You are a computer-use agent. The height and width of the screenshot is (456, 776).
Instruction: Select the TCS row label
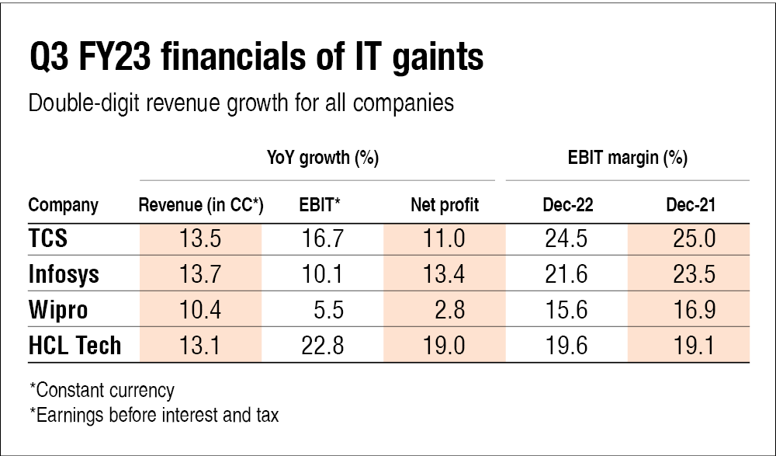[48, 238]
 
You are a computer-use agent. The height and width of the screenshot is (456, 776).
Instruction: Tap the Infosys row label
[65, 274]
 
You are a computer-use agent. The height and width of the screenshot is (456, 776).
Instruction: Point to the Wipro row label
[58, 310]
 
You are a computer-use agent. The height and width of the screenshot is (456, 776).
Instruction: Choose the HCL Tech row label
[75, 345]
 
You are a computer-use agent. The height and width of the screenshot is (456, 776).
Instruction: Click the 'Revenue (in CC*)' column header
[201, 205]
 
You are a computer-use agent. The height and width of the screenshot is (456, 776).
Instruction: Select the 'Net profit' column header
[445, 205]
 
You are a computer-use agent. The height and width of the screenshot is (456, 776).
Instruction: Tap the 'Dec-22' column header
[567, 205]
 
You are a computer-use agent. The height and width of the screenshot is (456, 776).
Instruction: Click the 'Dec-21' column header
[690, 205]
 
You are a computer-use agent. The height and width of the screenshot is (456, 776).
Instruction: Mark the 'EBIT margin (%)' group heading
[627, 159]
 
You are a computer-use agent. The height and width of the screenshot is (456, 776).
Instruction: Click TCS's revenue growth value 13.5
[201, 238]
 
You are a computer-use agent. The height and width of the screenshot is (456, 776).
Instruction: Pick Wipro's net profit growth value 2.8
[450, 310]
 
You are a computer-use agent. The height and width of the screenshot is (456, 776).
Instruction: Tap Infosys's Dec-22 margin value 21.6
[567, 274]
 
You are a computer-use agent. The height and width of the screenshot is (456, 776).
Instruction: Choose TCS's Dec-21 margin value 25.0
[690, 238]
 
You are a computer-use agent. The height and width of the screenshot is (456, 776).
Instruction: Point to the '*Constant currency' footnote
[101, 390]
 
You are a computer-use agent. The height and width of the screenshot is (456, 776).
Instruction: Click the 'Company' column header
[64, 205]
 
